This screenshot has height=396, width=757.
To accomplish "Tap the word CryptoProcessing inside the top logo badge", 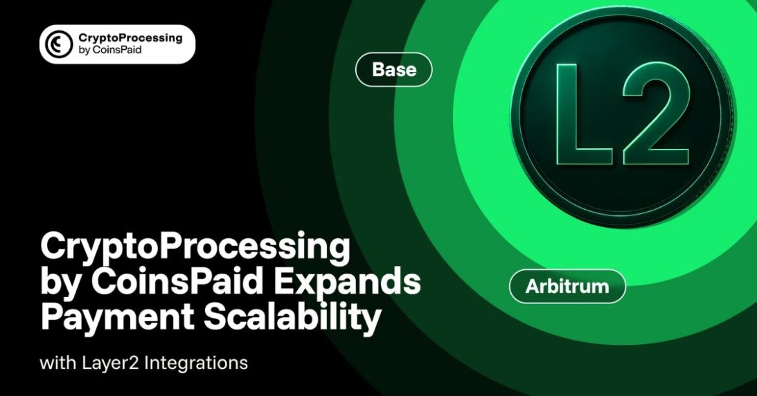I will point(129,38).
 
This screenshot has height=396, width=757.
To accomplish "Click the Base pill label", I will point(393,70).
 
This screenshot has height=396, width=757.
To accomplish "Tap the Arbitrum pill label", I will point(567,287).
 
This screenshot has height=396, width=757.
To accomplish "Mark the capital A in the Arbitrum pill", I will point(531,287).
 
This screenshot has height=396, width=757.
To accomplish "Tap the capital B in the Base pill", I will point(378,70).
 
